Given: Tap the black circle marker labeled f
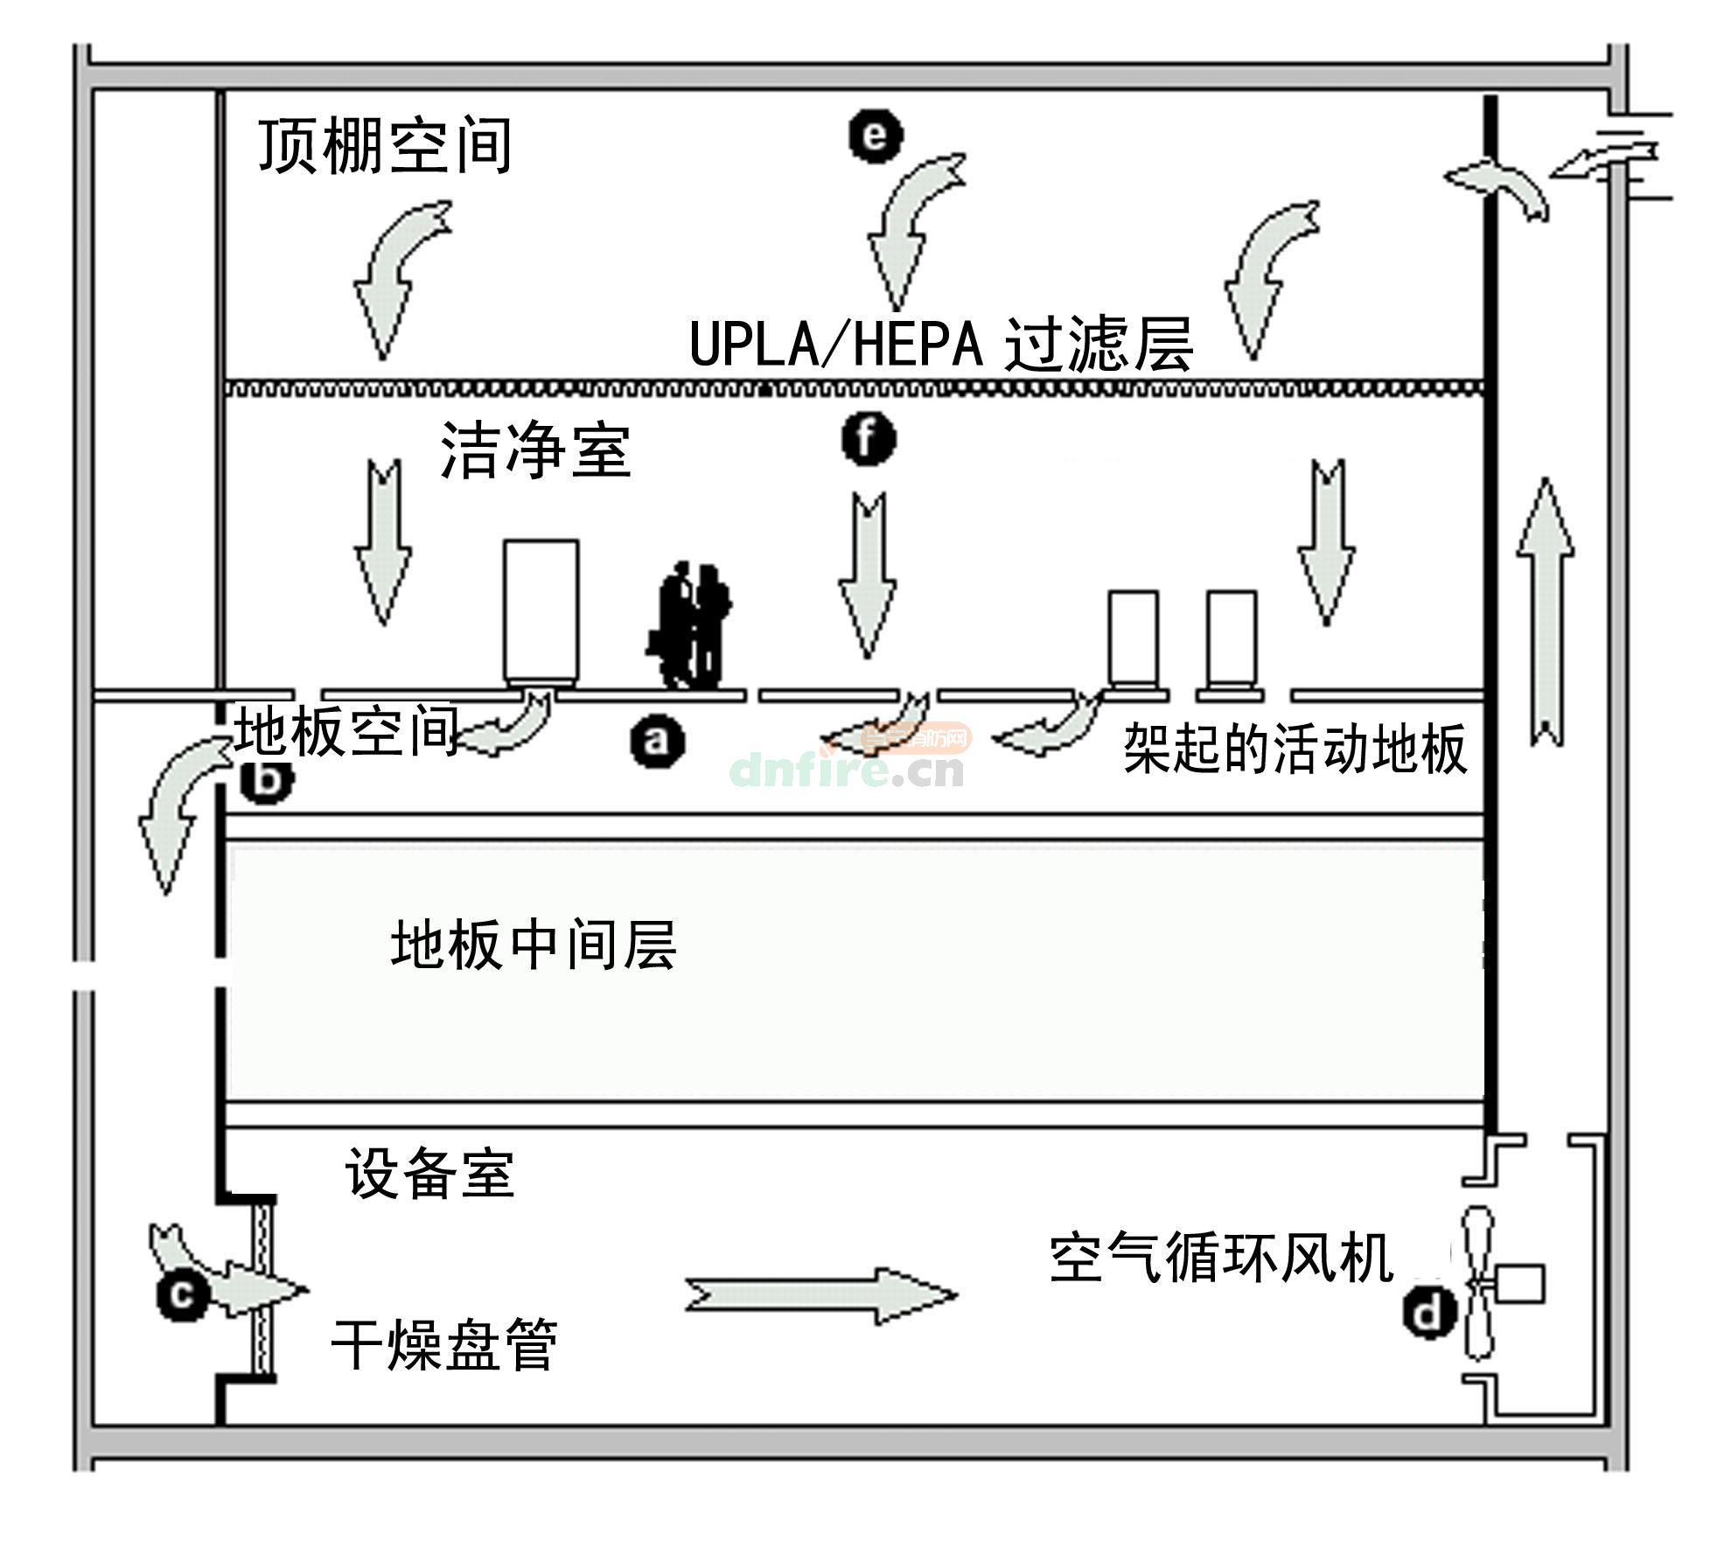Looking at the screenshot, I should coord(868,439).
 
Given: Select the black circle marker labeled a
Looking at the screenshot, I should coord(657,742).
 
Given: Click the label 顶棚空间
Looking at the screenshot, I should coord(385,147).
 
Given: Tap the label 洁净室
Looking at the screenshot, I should coord(535,450).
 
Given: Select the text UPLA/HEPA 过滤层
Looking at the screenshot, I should coord(941,344).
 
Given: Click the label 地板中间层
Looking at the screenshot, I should coord(534,945).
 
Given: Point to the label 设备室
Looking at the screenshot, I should coord(429,1173).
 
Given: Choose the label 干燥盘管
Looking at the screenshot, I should coord(444,1344).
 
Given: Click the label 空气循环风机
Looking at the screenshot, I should coord(1221,1258).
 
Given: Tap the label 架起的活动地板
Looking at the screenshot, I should coord(1295,749).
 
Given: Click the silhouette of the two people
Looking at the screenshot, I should coord(691,625).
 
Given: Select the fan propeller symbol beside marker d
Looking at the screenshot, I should coord(1478,1284).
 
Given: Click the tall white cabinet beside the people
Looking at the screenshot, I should coord(541,610).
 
